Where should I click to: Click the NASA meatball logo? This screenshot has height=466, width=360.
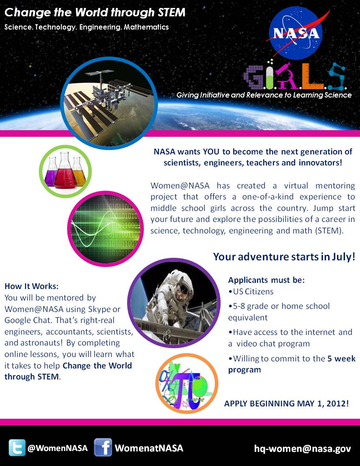tap(296, 33)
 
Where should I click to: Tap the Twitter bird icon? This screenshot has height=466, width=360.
tap(17, 448)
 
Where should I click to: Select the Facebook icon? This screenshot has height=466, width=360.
tap(103, 447)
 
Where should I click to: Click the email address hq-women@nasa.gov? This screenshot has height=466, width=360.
tap(302, 448)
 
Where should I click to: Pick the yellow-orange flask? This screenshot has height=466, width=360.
tap(79, 173)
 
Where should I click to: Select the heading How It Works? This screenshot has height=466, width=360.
tap(31, 286)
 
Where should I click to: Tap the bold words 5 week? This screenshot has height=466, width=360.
tap(341, 358)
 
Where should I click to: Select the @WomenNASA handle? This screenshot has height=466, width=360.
tap(57, 448)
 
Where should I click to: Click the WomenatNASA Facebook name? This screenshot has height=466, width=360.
tap(149, 448)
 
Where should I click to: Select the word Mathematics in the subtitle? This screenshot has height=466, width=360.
tap(146, 27)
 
